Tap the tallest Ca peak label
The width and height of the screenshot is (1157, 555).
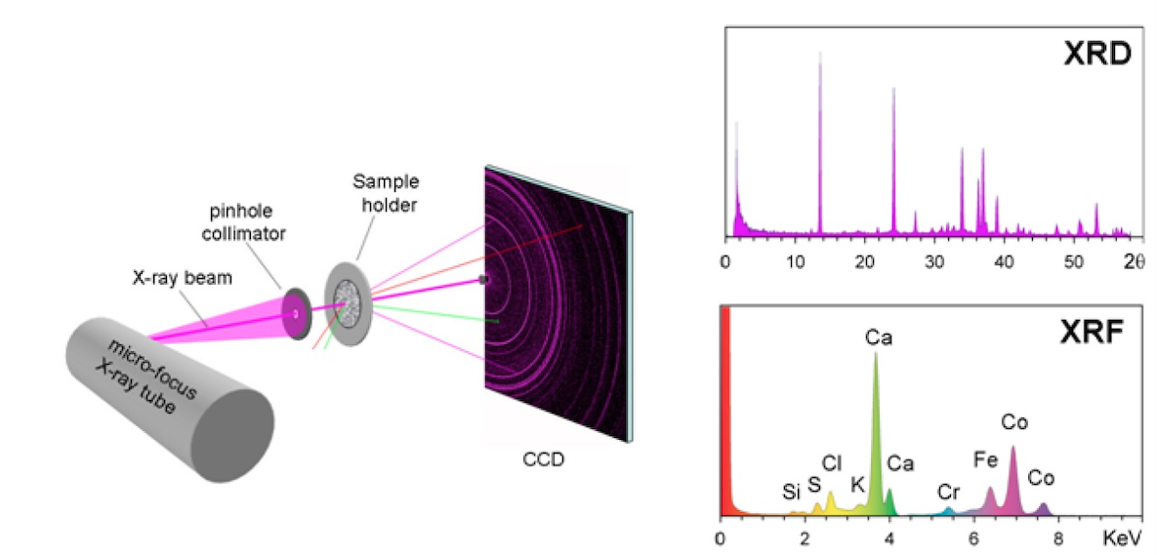878,338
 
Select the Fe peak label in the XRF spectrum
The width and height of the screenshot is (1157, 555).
986,458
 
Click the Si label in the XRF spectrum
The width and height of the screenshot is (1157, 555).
792,493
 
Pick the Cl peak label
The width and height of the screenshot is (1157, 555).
832,462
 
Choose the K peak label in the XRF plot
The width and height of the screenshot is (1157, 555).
858,482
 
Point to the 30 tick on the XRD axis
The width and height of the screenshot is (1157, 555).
935,260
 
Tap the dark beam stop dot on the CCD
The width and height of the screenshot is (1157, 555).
483,280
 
